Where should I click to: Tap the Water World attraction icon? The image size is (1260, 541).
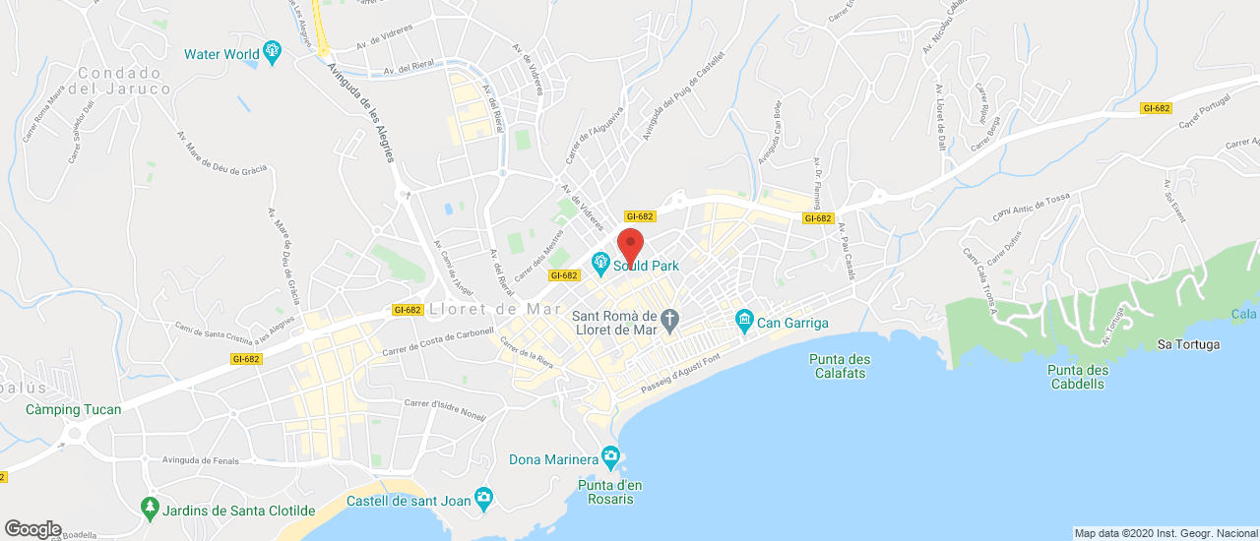point(273,53)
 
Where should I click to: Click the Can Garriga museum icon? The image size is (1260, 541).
point(744,322)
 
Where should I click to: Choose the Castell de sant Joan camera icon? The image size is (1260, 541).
point(482,500)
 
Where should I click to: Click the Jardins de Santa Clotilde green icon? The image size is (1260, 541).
point(150,510)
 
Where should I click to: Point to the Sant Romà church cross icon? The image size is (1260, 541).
point(670,321)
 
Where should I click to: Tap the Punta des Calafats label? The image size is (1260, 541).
point(840,366)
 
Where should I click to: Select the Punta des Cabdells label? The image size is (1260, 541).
point(1078,377)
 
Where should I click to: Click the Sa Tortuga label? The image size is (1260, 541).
point(1188,344)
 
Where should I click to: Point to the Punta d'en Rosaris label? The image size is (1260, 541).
point(610,491)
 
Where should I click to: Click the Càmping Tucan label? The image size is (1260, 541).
point(74,409)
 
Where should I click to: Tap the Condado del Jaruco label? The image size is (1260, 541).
point(119,81)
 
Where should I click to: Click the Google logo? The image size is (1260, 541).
point(32,528)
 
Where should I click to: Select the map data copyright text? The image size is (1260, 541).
point(1165,533)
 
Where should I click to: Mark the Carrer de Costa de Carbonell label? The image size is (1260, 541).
point(438,343)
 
